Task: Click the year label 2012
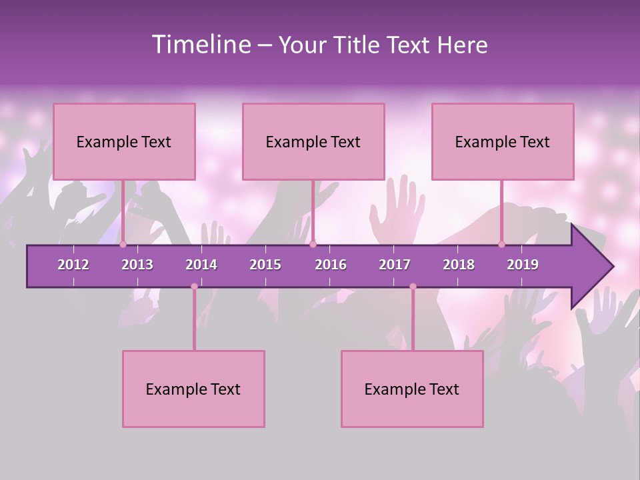(x=73, y=265)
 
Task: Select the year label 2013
(x=137, y=265)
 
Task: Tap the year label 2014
(x=201, y=265)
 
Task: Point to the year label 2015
(x=265, y=265)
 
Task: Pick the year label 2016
(x=331, y=265)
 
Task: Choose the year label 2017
(x=395, y=265)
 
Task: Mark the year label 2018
(x=459, y=265)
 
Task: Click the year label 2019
(x=523, y=265)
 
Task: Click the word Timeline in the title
(x=200, y=45)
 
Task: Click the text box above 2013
(x=124, y=141)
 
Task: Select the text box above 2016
(x=313, y=141)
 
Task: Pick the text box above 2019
(x=503, y=141)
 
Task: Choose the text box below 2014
(x=193, y=389)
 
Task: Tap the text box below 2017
(x=412, y=389)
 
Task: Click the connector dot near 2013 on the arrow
(x=123, y=245)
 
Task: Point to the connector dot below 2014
(x=194, y=287)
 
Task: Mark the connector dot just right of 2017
(x=413, y=287)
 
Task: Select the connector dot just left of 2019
(x=501, y=245)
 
